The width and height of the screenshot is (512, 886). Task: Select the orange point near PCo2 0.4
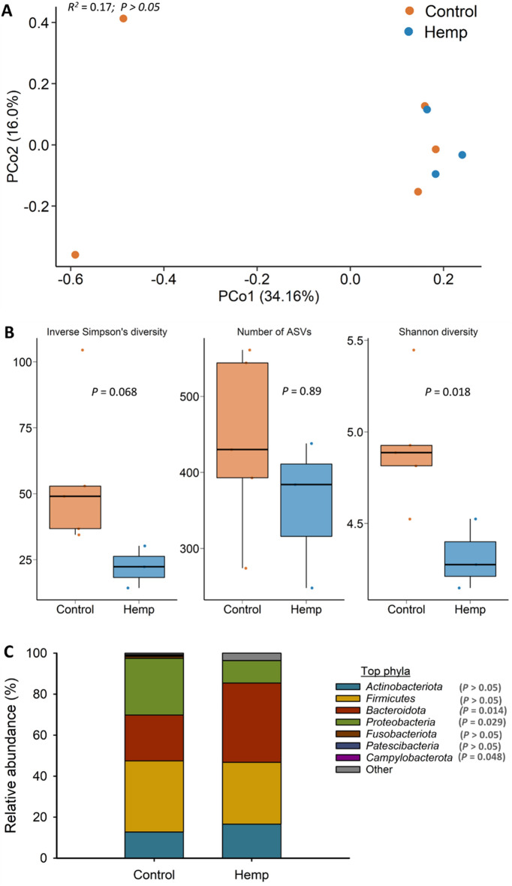123,19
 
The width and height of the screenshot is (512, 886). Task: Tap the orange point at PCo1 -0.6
75,255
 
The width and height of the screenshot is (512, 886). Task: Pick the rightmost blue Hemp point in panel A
462,155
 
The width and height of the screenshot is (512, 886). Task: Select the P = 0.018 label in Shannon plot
448,391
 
